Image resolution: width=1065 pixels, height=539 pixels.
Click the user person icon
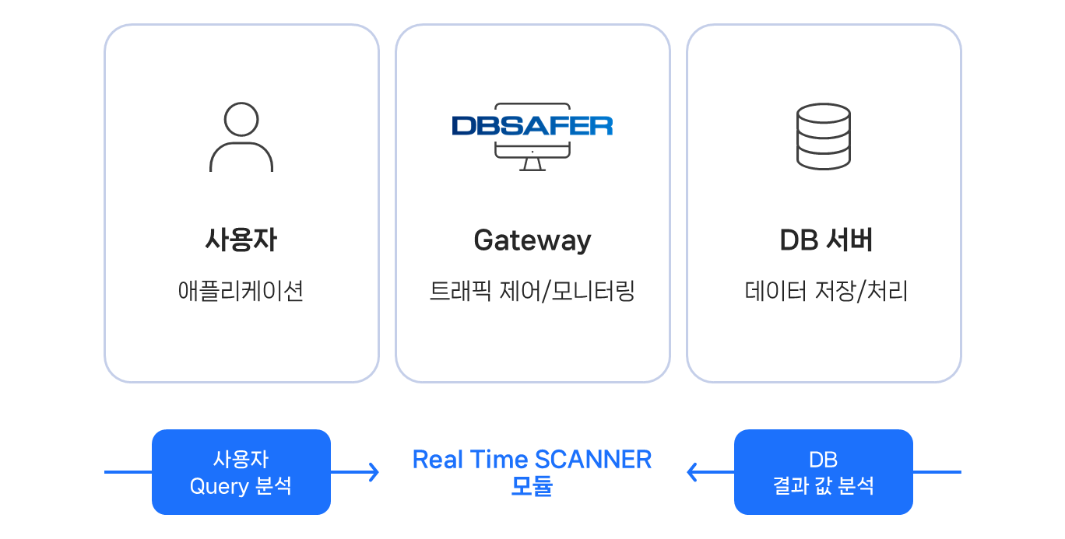click(241, 138)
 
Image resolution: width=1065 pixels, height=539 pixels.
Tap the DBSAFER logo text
click(532, 125)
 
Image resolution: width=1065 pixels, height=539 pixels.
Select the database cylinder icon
click(824, 137)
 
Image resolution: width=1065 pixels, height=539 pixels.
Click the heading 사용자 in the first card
click(241, 240)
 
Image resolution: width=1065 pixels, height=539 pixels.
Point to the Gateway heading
click(532, 240)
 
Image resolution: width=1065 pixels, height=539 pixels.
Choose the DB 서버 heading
click(826, 240)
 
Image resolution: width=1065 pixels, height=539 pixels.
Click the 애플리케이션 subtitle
click(241, 292)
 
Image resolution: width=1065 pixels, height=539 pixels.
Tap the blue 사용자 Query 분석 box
click(241, 472)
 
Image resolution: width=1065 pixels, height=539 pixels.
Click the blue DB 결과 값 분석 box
click(823, 472)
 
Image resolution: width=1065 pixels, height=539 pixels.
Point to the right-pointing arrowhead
click(374, 472)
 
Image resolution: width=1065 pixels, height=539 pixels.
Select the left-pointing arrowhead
click(691, 472)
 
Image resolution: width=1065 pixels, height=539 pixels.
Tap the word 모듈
click(532, 486)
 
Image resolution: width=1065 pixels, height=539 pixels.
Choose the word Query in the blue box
click(219, 486)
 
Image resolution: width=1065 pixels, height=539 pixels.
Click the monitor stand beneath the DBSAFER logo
click(532, 164)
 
